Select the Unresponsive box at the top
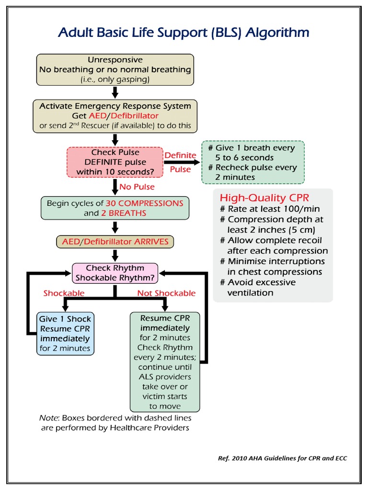(x=115, y=70)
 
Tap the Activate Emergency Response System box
(x=115, y=116)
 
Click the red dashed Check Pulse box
(x=115, y=162)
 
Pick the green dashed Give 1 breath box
(x=253, y=162)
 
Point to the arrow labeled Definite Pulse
(x=182, y=163)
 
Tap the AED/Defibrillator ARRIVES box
(x=115, y=242)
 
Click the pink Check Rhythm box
(x=115, y=273)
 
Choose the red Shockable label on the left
(x=64, y=293)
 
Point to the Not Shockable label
(x=166, y=293)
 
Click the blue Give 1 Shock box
(x=65, y=334)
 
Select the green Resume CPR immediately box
(x=165, y=362)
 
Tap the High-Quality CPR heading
(x=264, y=198)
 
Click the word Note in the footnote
(x=48, y=418)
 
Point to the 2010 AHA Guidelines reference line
(x=282, y=458)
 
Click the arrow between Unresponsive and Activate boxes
(x=115, y=92)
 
